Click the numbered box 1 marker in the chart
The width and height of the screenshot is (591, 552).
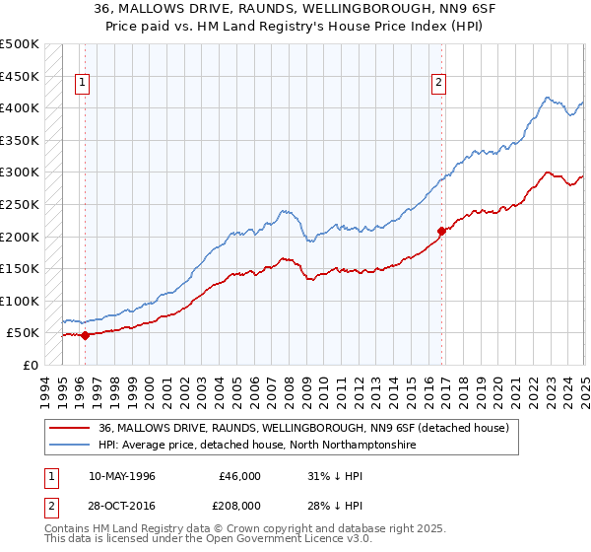click(x=83, y=84)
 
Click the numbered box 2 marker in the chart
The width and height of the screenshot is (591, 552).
click(x=438, y=84)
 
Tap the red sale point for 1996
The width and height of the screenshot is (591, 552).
click(x=85, y=335)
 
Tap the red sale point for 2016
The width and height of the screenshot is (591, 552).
click(x=441, y=231)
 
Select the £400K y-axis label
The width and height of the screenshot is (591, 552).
click(x=21, y=107)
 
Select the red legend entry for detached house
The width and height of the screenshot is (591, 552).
click(x=303, y=428)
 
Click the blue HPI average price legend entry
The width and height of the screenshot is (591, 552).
click(x=257, y=446)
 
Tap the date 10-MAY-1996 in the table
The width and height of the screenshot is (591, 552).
click(x=122, y=476)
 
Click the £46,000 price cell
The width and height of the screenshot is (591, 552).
click(x=239, y=476)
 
